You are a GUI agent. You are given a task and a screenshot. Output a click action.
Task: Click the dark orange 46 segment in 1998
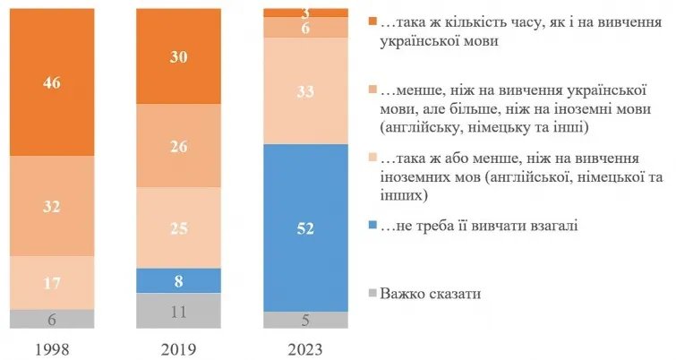pyautogui.click(x=52, y=81)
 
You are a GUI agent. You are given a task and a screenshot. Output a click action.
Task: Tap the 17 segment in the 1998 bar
pyautogui.click(x=52, y=282)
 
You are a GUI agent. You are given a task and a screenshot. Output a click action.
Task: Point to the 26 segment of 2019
pyautogui.click(x=178, y=146)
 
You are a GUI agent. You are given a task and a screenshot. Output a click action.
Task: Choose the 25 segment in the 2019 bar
pyautogui.click(x=178, y=227)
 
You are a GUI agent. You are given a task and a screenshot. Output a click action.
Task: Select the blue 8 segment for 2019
pyautogui.click(x=178, y=280)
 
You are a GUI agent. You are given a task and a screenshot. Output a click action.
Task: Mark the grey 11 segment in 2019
pyautogui.click(x=178, y=312)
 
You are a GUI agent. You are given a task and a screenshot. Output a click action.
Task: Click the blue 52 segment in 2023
pyautogui.click(x=305, y=227)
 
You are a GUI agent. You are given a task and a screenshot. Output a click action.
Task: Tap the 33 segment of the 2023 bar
pyautogui.click(x=305, y=90)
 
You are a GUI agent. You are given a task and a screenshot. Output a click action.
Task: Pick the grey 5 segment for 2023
pyautogui.click(x=305, y=321)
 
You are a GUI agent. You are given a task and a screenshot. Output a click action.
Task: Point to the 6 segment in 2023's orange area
pyautogui.click(x=305, y=28)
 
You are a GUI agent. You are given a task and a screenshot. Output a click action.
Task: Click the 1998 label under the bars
pyautogui.click(x=52, y=347)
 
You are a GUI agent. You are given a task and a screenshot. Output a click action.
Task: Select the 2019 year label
pyautogui.click(x=178, y=347)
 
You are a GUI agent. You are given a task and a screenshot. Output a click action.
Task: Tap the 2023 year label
pyautogui.click(x=305, y=347)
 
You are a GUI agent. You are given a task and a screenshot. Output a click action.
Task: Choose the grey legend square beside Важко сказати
pyautogui.click(x=372, y=294)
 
